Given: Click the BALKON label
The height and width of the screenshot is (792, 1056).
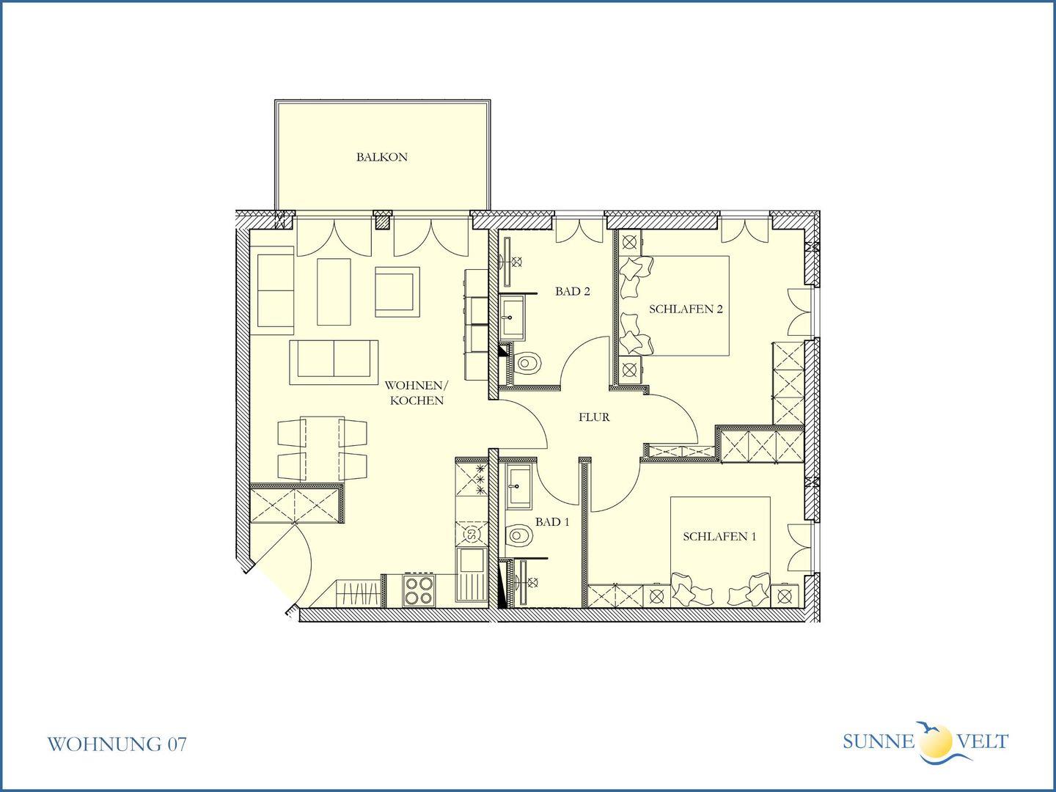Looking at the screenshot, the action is [381, 157].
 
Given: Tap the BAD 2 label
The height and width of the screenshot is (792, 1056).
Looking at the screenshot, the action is [573, 291].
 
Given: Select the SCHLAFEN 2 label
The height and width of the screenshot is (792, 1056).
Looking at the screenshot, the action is [686, 309].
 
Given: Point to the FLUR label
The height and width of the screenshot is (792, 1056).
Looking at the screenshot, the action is [594, 417].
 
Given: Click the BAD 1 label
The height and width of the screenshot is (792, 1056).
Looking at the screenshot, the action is [552, 521].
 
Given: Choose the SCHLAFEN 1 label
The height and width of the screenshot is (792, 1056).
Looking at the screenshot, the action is [719, 537].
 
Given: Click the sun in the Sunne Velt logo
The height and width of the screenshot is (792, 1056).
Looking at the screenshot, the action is [936, 741].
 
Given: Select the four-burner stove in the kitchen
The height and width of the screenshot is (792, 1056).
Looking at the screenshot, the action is [418, 590].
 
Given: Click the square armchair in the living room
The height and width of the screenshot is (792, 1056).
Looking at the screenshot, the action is [397, 292].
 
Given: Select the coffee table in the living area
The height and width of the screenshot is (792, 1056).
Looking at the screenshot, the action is [334, 292].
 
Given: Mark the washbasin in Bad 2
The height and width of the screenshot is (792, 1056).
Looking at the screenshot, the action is [513, 318].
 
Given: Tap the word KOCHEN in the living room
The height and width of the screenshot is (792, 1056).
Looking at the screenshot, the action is [417, 400].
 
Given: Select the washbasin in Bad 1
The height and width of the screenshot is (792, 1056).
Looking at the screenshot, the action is [519, 487].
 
